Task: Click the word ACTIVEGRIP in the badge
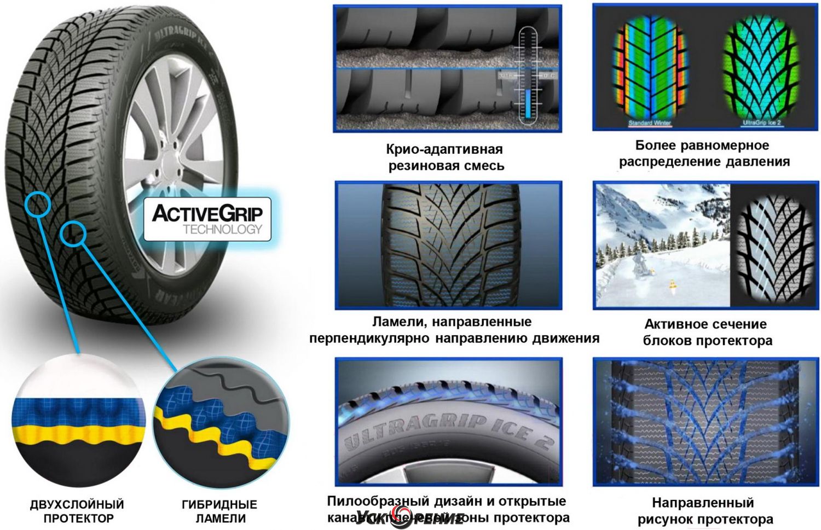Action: tap(207, 213)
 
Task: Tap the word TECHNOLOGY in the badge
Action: tap(222, 229)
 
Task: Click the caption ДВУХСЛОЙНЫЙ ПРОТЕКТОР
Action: tap(77, 511)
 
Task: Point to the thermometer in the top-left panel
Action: tap(528, 74)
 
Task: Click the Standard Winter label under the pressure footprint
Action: tap(649, 123)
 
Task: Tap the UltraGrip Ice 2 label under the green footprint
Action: tap(761, 123)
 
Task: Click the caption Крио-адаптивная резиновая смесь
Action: tap(445, 158)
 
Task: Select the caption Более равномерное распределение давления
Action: tap(704, 154)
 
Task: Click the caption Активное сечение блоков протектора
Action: tap(707, 333)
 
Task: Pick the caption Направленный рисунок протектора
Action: tap(705, 510)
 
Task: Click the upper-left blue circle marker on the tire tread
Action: tap(38, 205)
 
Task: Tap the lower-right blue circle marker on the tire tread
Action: tap(73, 234)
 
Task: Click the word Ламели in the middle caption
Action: tap(396, 322)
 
